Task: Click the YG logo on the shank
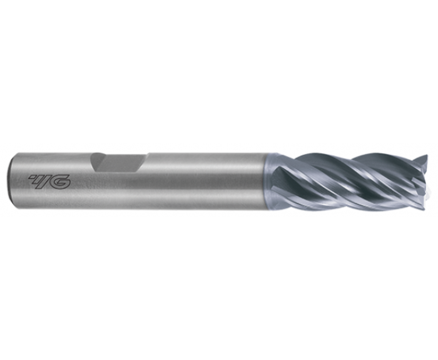(50, 182)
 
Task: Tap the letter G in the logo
(61, 182)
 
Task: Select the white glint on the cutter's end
(430, 186)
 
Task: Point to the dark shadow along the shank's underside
(156, 205)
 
